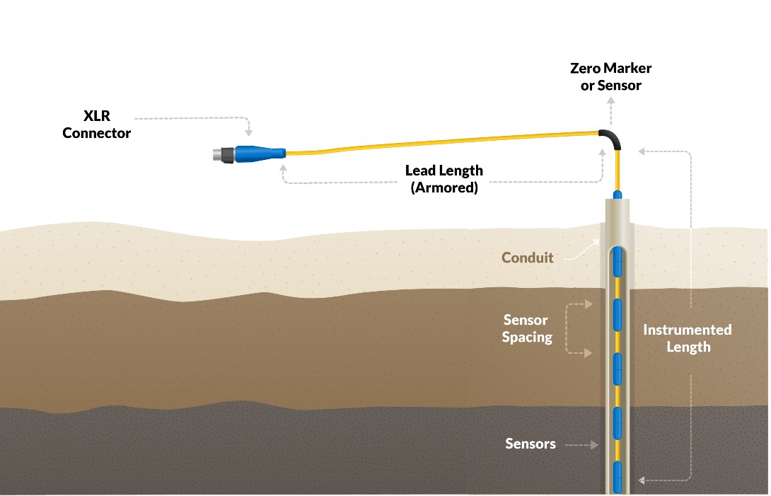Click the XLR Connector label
click(96, 124)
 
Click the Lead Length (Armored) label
click(444, 179)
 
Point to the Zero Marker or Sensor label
click(610, 77)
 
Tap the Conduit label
click(527, 258)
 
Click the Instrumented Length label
click(688, 338)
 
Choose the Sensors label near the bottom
click(530, 444)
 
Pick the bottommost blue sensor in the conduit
click(618, 476)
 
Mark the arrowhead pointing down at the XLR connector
click(249, 132)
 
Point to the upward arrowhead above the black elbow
click(612, 100)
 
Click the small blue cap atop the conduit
click(618, 193)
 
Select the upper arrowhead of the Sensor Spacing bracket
click(589, 305)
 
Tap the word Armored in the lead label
click(444, 188)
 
